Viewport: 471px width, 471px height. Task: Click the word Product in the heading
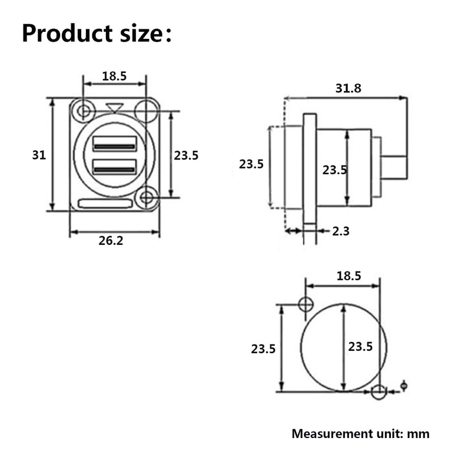67,33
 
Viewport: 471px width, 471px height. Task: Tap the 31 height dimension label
39,155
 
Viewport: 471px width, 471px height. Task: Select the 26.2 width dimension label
111,241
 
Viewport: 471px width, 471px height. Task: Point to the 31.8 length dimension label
348,88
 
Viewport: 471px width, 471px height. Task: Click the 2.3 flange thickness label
341,231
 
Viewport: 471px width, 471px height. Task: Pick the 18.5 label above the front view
114,77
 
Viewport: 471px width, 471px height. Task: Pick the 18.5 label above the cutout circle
349,276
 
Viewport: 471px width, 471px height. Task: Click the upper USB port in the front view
114,144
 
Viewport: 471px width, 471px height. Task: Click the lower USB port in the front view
114,167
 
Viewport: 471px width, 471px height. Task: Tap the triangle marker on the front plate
114,108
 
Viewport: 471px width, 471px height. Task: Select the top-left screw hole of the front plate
83,111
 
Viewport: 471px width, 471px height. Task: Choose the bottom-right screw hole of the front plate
147,198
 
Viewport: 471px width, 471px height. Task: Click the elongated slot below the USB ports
105,204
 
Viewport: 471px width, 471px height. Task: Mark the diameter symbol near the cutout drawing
404,386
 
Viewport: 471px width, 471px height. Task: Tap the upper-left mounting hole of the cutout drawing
306,304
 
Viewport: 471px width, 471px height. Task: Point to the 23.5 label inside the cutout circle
360,347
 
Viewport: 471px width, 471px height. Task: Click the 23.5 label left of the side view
251,164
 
